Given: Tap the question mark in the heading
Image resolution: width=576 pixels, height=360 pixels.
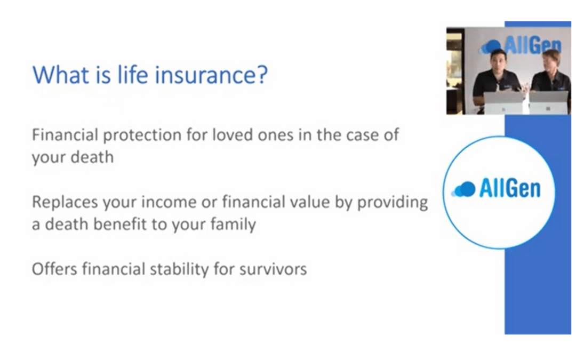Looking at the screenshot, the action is (260, 75).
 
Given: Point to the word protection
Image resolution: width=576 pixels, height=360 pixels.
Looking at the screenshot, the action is (142, 135).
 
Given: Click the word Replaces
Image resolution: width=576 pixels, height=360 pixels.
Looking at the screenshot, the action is (65, 203).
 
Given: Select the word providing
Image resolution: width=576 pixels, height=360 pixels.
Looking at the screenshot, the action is (393, 203).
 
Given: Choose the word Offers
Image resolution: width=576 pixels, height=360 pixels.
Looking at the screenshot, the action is (55, 269).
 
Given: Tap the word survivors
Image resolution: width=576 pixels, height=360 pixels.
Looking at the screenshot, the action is (273, 269).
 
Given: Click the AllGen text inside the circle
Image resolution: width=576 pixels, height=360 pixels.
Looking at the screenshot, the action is (510, 189).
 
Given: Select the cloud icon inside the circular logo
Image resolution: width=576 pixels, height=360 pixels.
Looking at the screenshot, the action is (463, 189).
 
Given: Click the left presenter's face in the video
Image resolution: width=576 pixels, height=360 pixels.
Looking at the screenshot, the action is (499, 63).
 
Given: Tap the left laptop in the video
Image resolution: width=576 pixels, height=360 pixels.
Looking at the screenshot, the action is (503, 103).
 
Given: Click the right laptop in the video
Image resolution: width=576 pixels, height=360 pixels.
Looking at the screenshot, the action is (548, 102).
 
